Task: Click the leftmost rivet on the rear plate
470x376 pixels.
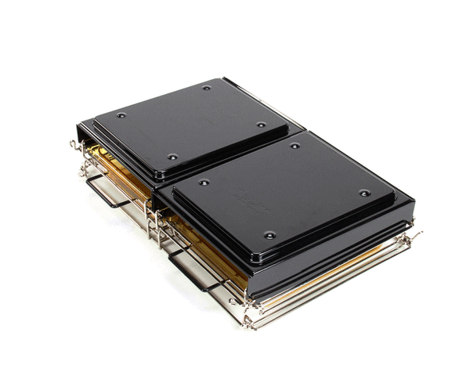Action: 121,115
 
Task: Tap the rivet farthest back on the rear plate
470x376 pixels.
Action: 206,88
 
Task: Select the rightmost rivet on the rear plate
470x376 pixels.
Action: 262,124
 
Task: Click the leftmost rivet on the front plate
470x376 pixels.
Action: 204,183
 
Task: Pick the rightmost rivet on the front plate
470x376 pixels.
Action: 364,193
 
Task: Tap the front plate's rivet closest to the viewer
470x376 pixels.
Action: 269,234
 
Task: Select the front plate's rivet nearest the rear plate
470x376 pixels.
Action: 295,146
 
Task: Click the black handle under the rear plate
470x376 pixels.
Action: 106,193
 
